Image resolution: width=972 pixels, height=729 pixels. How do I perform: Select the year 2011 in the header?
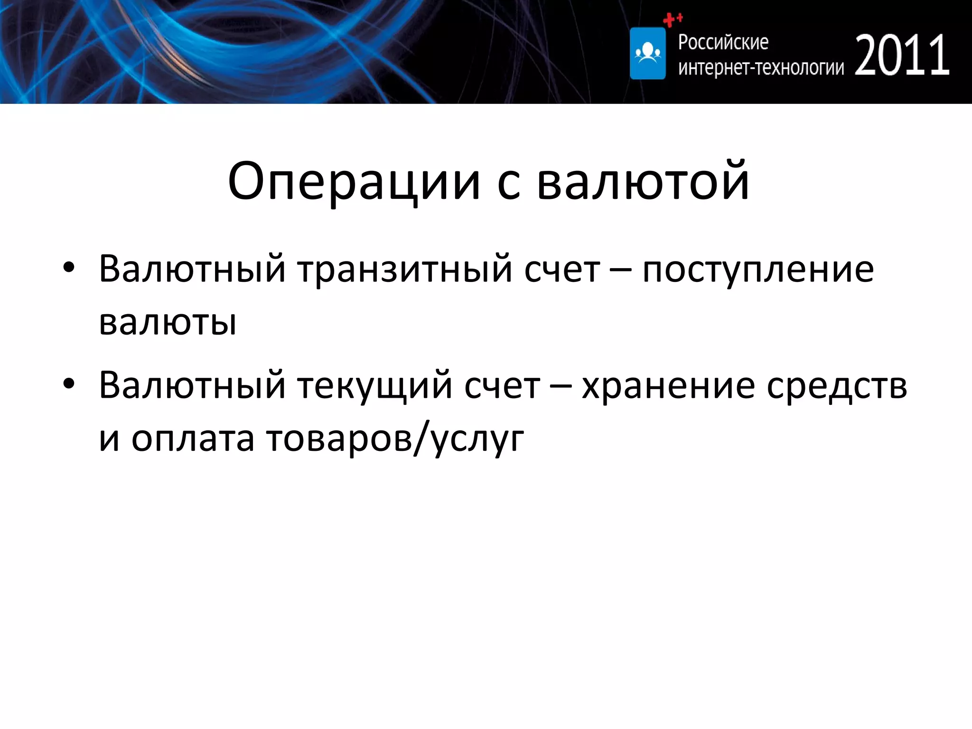point(902,56)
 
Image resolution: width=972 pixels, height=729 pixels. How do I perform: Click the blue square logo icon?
point(647,53)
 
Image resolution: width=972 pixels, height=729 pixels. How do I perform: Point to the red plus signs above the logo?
point(672,19)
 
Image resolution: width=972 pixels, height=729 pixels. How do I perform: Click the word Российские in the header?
point(723,42)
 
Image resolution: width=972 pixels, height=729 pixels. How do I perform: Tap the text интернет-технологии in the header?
point(761,68)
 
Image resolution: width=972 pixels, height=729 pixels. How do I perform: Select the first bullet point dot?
point(69,268)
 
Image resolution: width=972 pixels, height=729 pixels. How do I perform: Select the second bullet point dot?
point(69,383)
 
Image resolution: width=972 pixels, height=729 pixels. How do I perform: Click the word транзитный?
point(405,270)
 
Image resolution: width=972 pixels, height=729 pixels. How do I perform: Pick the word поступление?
point(757,270)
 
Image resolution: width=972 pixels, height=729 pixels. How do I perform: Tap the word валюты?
point(167,323)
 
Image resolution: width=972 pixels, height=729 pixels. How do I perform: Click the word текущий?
point(374,385)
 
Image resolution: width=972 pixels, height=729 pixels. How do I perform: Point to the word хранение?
point(668,385)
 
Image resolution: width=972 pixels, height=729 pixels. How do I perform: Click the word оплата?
point(192,439)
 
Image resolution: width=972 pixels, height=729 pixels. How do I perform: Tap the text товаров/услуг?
point(394,439)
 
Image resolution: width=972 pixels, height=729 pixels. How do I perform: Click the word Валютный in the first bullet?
point(192,270)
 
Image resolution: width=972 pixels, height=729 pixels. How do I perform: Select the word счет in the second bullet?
point(502,385)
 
